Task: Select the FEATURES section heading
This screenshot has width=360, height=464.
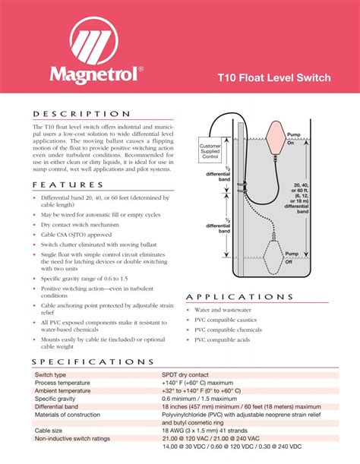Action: click(x=69, y=184)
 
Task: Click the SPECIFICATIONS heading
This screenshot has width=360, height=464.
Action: click(x=94, y=362)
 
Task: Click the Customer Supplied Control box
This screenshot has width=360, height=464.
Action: click(x=210, y=150)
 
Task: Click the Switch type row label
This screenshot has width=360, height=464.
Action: click(x=50, y=375)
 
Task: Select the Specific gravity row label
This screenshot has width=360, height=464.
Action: click(x=60, y=398)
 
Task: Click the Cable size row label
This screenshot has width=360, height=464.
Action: click(x=48, y=430)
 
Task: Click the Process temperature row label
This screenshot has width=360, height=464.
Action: click(x=67, y=383)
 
